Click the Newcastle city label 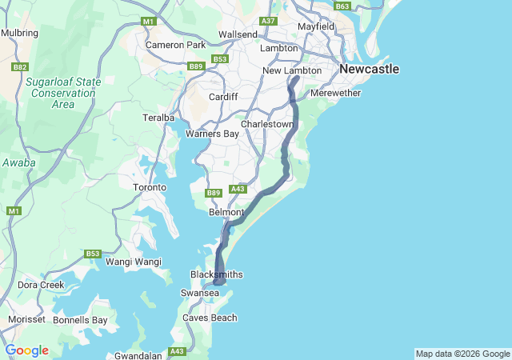pos(369,70)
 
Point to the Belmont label pos(226,212)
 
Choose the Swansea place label pos(200,294)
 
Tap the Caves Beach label pos(210,318)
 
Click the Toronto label pos(150,187)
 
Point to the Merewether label pos(335,93)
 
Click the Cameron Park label pos(175,45)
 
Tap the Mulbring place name pos(19,33)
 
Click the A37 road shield pos(268,22)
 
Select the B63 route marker pos(342,6)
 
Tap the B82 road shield pos(20,67)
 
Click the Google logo pos(26,350)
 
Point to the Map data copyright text pos(462,354)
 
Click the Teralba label pos(158,117)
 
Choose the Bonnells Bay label pos(80,320)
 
